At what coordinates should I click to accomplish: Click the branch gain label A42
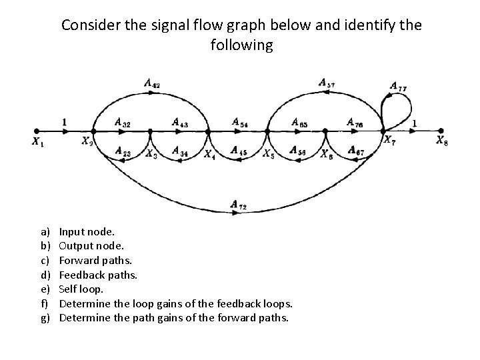tap(151, 83)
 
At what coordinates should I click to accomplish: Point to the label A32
tap(122, 122)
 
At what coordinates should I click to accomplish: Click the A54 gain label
tap(241, 122)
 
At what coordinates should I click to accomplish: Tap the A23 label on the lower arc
tap(122, 152)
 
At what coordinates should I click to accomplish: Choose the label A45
tap(239, 151)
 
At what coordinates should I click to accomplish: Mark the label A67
tap(356, 152)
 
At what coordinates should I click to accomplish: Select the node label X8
tap(442, 140)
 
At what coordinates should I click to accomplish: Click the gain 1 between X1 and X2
tap(64, 122)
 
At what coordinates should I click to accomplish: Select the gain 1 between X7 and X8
tap(415, 123)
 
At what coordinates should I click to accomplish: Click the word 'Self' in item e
tap(68, 288)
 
